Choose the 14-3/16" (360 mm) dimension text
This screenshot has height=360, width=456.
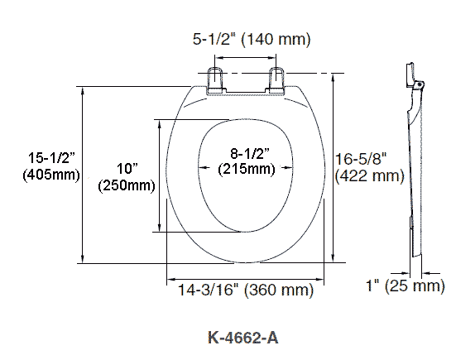click(x=246, y=290)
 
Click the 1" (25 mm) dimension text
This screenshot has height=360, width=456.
click(x=406, y=286)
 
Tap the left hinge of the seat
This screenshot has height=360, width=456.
click(x=216, y=79)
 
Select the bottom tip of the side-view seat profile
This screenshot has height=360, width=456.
click(x=417, y=255)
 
